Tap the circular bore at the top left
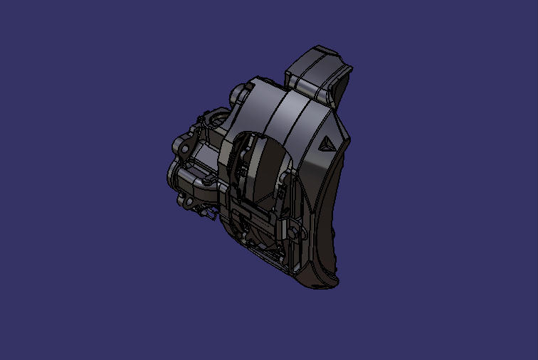coord(213,117)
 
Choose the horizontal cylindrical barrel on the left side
coord(189,174)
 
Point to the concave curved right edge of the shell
coord(334,213)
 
